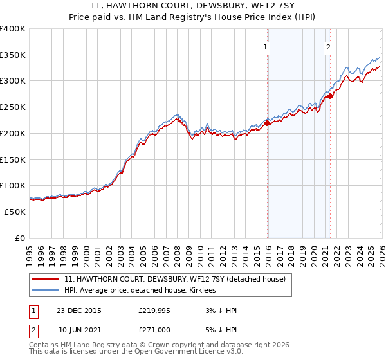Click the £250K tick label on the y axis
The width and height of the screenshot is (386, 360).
pyautogui.click(x=12, y=107)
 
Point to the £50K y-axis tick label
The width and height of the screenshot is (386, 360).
pyautogui.click(x=15, y=212)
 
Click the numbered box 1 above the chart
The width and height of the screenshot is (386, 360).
pyautogui.click(x=266, y=46)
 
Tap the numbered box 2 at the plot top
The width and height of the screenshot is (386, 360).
pyautogui.click(x=328, y=46)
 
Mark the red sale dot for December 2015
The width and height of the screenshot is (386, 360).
pyautogui.click(x=268, y=123)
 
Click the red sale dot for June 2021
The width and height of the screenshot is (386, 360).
pyautogui.click(x=330, y=96)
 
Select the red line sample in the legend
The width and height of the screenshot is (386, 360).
pyautogui.click(x=46, y=279)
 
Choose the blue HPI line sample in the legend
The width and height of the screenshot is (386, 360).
pyautogui.click(x=46, y=291)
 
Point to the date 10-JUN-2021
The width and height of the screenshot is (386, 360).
pyautogui.click(x=80, y=329)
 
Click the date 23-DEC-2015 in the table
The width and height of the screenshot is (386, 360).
pyautogui.click(x=80, y=310)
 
